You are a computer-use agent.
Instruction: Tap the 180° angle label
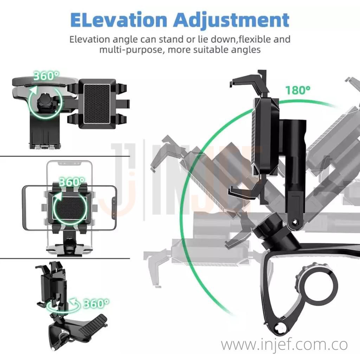click(x=298, y=90)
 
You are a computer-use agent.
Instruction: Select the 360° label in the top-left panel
click(x=46, y=76)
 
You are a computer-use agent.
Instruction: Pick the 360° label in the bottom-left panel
click(x=96, y=303)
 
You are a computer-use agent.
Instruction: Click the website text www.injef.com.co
click(x=284, y=345)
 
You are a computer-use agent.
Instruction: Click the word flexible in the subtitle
click(x=255, y=39)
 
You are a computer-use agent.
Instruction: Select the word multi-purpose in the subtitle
click(x=131, y=50)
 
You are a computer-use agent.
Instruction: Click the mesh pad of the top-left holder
click(x=97, y=104)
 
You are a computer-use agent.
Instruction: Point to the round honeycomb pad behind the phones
click(x=70, y=208)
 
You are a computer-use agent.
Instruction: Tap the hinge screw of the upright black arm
click(x=295, y=222)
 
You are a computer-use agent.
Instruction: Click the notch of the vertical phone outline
click(x=70, y=164)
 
